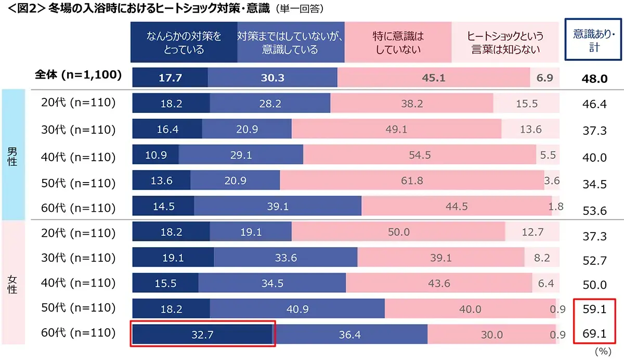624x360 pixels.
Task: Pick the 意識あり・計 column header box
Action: coord(594,40)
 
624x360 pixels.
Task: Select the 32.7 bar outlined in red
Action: coord(202,335)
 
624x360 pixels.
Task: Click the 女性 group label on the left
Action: coord(12,283)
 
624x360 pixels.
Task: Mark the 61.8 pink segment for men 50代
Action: coord(412,181)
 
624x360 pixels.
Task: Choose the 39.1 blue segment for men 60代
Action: coord(278,207)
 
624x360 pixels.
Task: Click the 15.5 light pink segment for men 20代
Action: coord(526,104)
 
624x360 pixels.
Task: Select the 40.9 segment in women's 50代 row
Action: coord(297,309)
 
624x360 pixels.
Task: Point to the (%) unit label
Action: coord(602,352)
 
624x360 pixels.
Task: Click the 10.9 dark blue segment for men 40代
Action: coord(155,155)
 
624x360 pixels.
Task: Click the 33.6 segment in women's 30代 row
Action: coord(285,258)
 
